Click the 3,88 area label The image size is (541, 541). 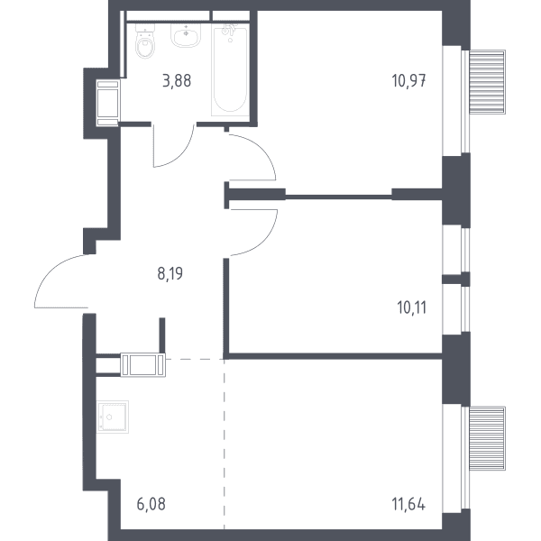tap(177, 81)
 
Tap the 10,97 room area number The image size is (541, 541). tap(408, 81)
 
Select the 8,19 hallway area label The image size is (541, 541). tap(170, 273)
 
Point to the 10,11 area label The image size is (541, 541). tap(412, 307)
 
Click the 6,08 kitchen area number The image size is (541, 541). tap(151, 504)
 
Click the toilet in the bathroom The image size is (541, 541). tap(145, 41)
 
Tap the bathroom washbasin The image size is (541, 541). tap(186, 34)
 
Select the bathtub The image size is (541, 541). tap(230, 69)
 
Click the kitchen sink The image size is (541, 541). tap(113, 417)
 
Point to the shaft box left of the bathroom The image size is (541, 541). tap(108, 103)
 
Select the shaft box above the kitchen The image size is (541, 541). tap(142, 364)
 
